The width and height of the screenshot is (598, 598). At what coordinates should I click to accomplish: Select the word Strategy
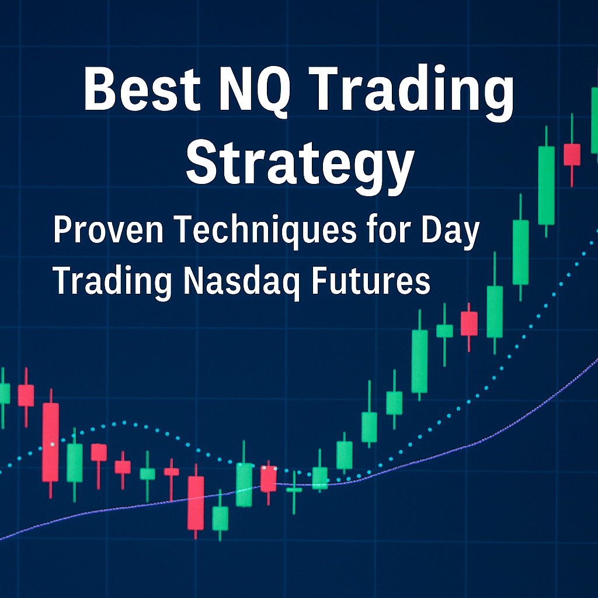299,159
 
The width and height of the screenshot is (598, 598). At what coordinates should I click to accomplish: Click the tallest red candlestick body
51,441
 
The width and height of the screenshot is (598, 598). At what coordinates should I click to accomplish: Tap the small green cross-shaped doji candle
294,490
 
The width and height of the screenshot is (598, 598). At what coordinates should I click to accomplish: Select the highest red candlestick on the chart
572,154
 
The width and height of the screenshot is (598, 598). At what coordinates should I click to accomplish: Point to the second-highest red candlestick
469,323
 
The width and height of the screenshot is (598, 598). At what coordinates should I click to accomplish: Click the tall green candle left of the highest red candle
546,185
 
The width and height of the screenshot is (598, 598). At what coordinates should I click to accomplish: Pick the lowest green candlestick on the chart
220,518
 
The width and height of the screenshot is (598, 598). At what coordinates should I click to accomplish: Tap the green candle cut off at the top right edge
594,120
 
